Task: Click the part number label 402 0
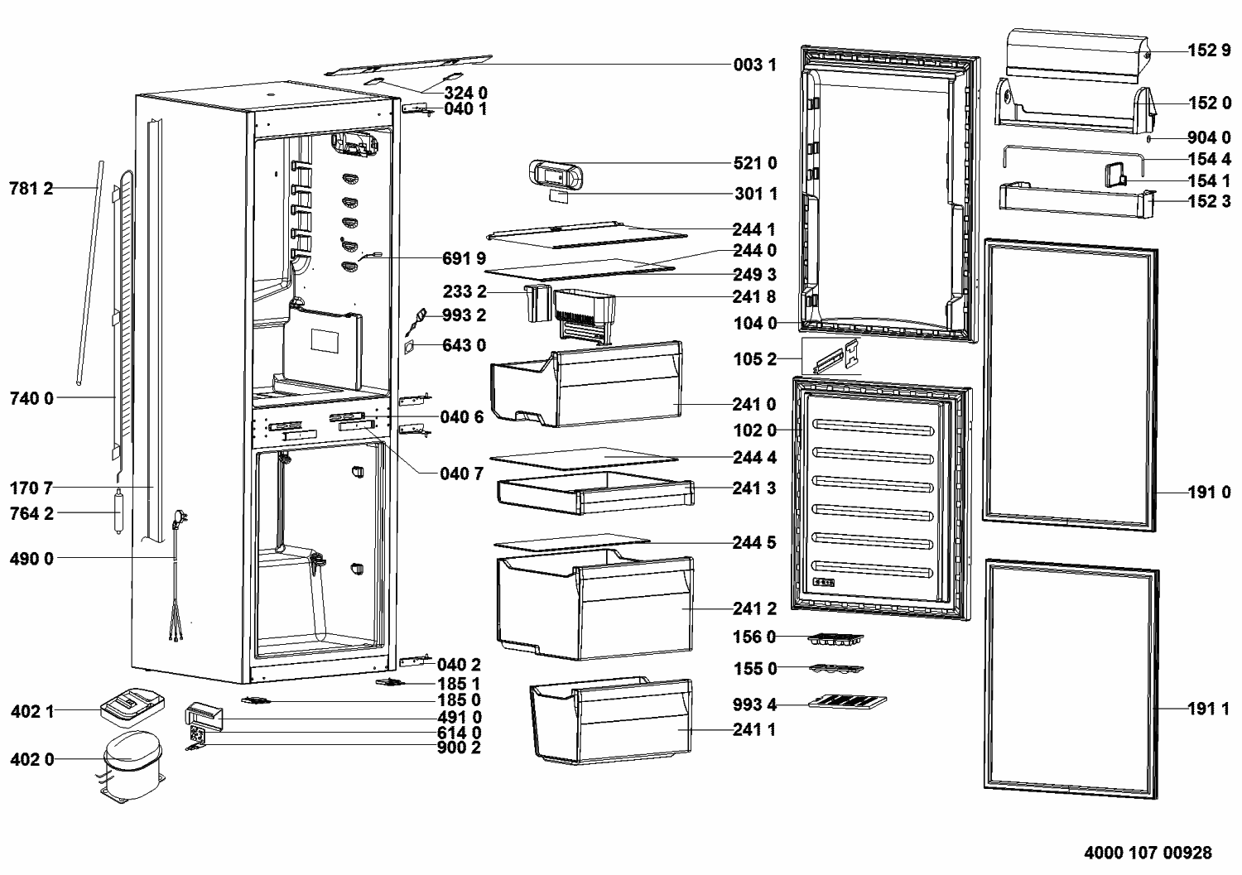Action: tap(32, 759)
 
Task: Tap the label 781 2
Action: tap(31, 189)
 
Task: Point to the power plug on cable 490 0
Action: tap(181, 520)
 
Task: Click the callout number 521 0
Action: tap(755, 163)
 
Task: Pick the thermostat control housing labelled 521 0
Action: tap(556, 175)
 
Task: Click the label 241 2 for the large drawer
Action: tap(754, 608)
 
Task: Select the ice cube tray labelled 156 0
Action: tap(835, 639)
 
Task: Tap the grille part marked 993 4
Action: tap(847, 702)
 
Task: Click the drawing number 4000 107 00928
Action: tap(1148, 853)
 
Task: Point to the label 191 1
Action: tap(1209, 709)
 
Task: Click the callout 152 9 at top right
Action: tap(1209, 50)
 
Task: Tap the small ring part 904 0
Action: tap(1148, 138)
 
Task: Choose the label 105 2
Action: tap(755, 359)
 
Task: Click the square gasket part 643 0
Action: tap(409, 348)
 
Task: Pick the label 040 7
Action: tap(461, 474)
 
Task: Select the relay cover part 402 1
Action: tap(132, 707)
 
